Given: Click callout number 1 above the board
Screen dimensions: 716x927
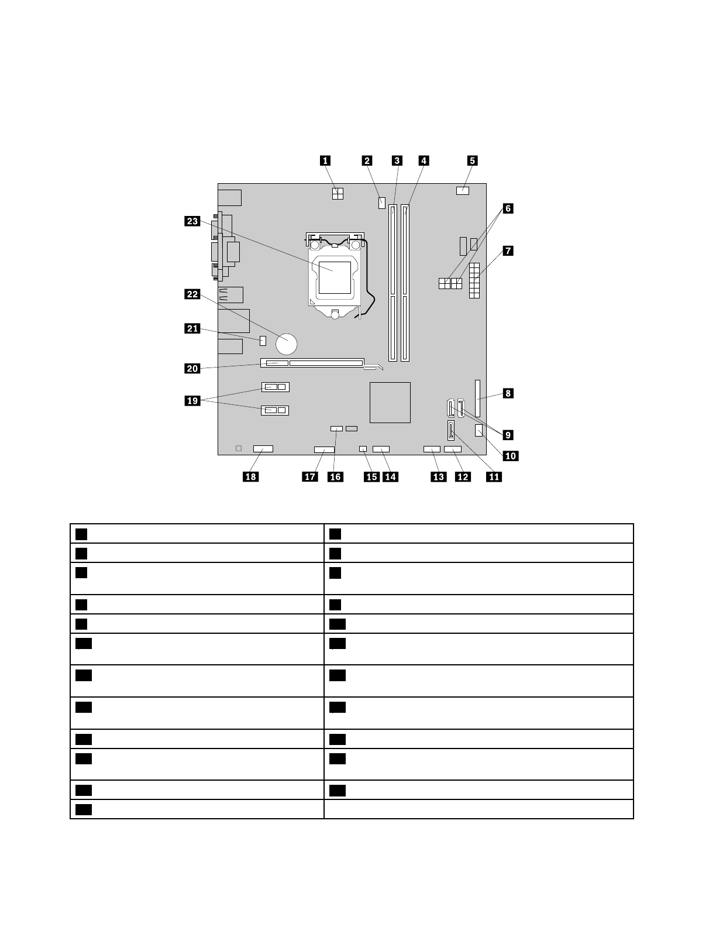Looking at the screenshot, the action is (325, 160).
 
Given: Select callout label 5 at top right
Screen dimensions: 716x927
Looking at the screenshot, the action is (472, 160).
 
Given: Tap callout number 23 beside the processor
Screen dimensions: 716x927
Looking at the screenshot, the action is (192, 221).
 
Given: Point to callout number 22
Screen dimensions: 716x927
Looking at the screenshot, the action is (192, 294).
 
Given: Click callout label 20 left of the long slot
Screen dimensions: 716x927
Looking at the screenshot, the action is (192, 368).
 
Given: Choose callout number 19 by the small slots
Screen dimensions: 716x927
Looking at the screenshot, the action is (192, 401).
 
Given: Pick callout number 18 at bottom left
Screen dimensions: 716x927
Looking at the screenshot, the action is (250, 476).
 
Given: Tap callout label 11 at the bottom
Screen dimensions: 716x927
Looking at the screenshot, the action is (494, 476).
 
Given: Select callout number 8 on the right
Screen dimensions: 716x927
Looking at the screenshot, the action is (508, 393).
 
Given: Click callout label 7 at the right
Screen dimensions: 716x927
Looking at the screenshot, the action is (508, 251).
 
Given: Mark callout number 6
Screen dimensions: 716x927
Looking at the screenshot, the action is (508, 208).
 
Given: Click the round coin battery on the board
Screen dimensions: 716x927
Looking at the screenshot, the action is (288, 344).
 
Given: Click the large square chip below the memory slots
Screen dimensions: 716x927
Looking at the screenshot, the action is (390, 402).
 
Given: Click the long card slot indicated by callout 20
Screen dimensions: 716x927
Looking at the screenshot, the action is (325, 363).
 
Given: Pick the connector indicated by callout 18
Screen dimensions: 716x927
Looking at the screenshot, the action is (263, 449).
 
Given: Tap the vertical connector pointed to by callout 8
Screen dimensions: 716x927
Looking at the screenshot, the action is (479, 397).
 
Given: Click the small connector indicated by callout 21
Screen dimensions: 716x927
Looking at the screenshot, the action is (263, 340).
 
